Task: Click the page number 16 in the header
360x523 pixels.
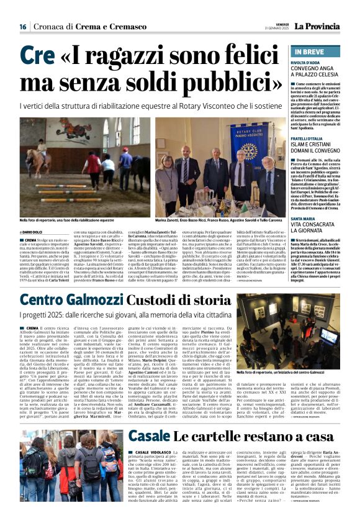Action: pos(22,26)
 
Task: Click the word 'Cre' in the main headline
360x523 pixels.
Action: pos(37,57)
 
